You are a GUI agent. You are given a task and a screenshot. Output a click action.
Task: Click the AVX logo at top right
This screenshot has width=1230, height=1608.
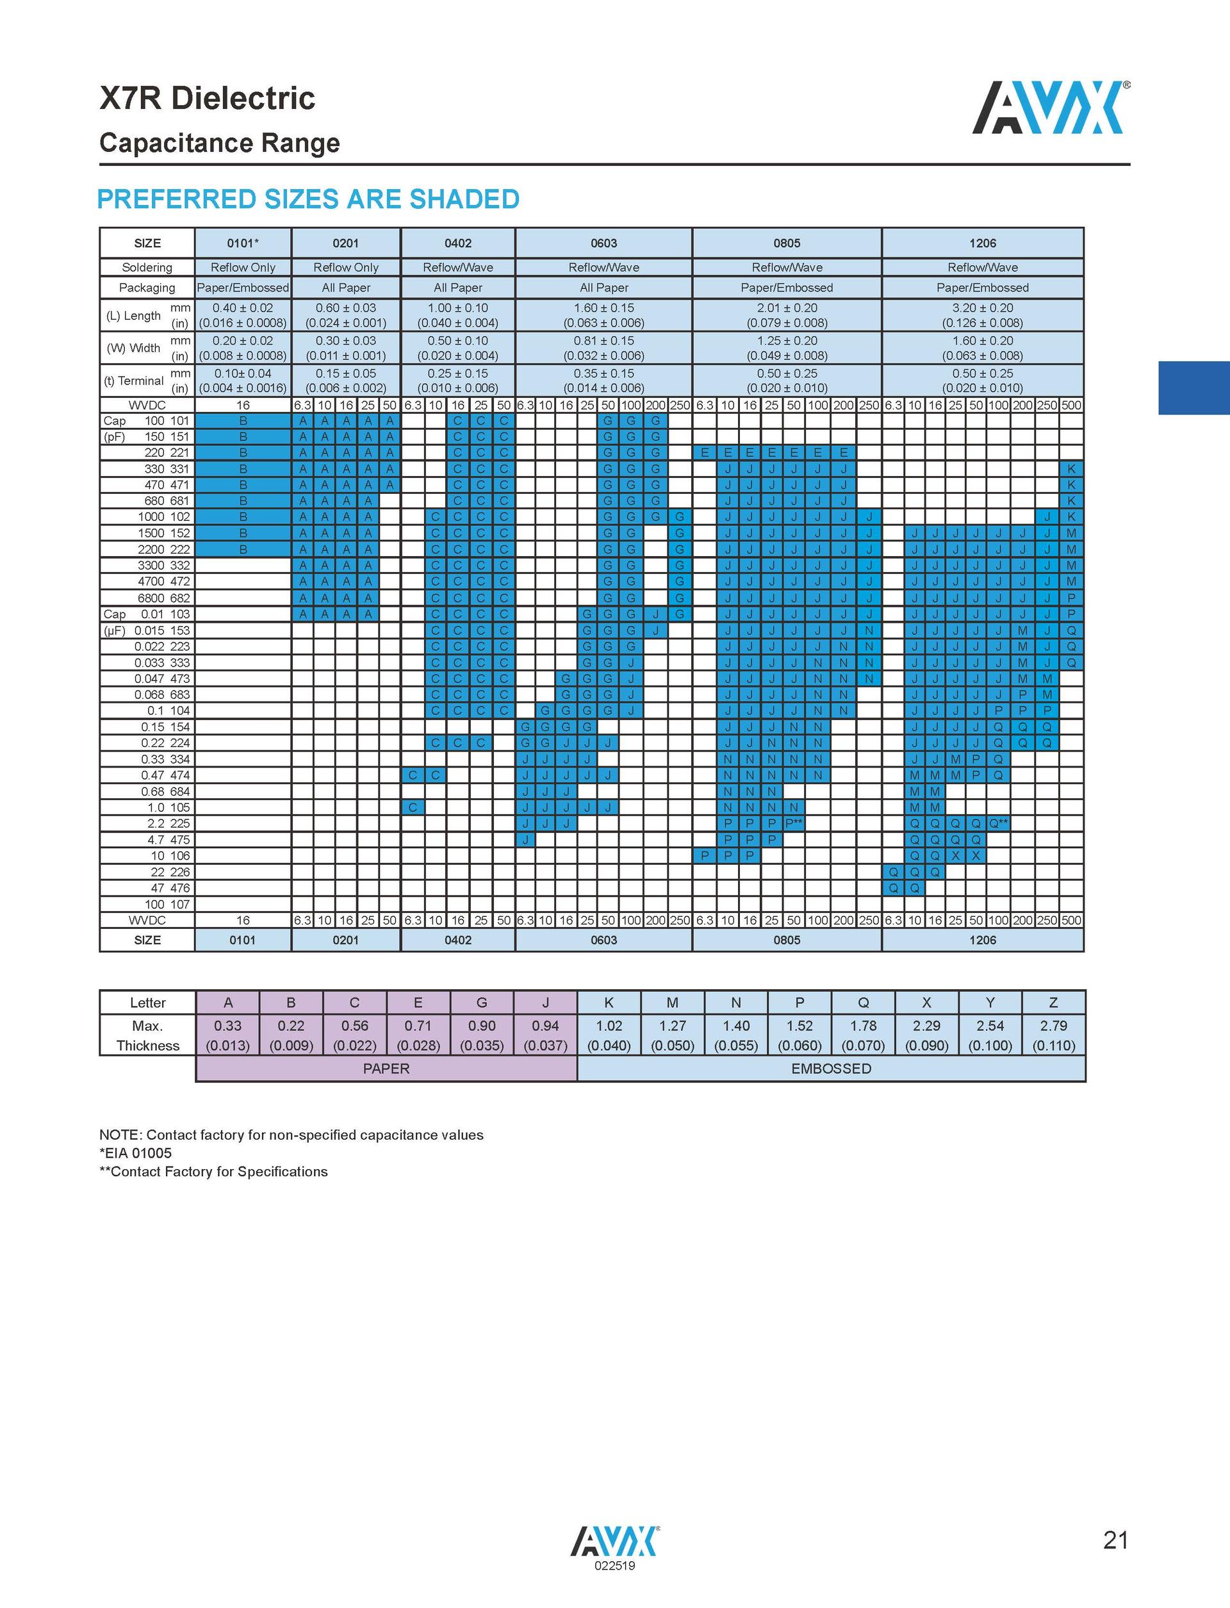click(x=1050, y=107)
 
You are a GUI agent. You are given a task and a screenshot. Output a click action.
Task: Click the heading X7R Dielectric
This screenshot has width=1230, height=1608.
click(x=207, y=98)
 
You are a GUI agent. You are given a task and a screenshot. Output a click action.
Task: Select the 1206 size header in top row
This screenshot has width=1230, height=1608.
click(x=982, y=243)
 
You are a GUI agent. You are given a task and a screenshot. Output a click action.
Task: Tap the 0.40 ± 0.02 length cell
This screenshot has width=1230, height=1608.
click(x=242, y=308)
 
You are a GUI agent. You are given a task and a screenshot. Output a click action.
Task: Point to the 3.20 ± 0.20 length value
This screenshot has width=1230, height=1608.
click(x=982, y=308)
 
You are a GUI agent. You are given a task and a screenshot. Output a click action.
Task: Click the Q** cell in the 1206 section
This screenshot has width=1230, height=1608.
click(x=998, y=824)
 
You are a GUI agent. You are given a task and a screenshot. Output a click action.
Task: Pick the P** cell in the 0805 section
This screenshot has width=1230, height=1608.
click(x=794, y=824)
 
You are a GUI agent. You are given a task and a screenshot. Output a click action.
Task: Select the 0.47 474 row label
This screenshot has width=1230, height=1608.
click(x=165, y=775)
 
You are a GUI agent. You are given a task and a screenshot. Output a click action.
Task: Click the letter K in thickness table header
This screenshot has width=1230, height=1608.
click(x=609, y=1003)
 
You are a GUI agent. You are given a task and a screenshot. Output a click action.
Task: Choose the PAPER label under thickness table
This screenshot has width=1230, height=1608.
click(x=386, y=1069)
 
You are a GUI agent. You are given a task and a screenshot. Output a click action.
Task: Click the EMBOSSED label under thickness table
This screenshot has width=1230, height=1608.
click(x=831, y=1069)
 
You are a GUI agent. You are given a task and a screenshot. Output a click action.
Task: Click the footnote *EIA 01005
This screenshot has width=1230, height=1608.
click(x=135, y=1153)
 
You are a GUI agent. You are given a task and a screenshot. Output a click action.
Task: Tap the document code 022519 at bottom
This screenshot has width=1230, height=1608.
click(x=615, y=1566)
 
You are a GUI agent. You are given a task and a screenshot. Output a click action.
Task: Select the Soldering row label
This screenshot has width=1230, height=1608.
click(x=147, y=268)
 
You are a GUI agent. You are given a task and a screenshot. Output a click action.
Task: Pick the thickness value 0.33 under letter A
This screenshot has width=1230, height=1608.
click(x=227, y=1026)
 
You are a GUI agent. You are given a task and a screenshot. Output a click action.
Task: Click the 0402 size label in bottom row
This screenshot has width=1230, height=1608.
click(x=457, y=940)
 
